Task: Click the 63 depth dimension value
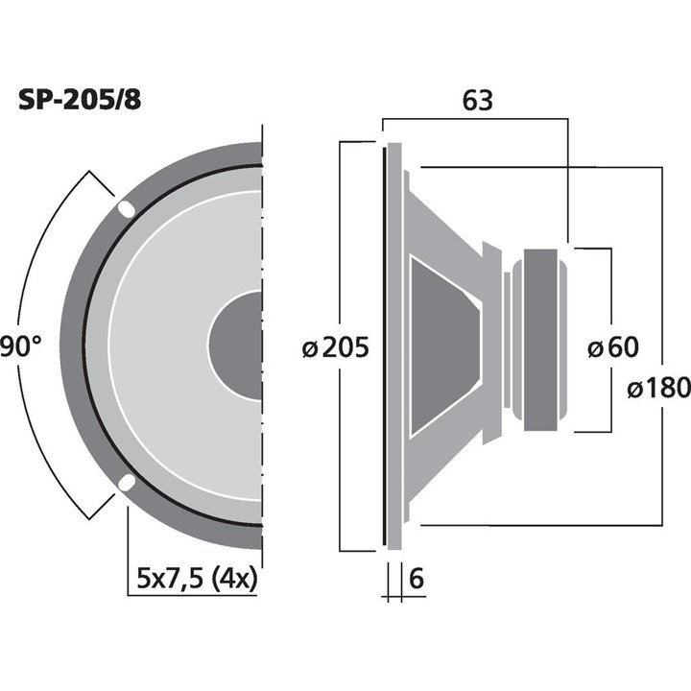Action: click(477, 100)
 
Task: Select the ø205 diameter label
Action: click(335, 347)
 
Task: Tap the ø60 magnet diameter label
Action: click(611, 347)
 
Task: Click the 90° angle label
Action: click(20, 347)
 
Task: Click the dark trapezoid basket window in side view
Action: click(441, 346)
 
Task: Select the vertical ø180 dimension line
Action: click(662, 288)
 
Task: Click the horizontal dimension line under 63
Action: click(477, 120)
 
